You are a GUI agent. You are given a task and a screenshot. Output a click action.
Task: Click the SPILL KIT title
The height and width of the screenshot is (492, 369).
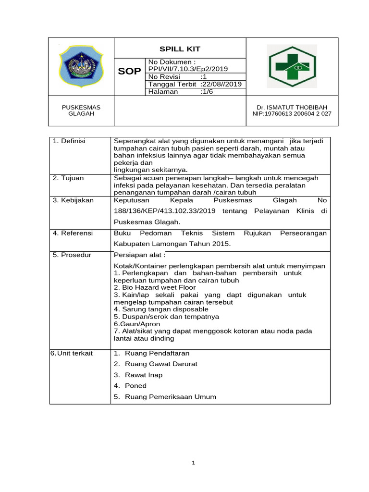click(180, 49)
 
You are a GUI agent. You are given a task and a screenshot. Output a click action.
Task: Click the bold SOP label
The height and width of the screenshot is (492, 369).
click(130, 72)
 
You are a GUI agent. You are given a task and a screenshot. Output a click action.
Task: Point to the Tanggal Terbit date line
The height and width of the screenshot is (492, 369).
click(195, 84)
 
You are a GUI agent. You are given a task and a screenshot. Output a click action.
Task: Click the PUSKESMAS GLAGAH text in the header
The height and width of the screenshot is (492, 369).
click(81, 111)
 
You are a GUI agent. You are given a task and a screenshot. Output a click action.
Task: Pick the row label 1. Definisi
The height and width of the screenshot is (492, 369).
click(69, 141)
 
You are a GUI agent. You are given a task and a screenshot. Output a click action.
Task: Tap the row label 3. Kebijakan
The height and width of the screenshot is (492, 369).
click(73, 200)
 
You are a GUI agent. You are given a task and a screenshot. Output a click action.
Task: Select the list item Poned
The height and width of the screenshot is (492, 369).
click(135, 385)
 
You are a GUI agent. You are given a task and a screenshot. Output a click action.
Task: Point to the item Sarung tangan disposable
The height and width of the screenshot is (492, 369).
click(161, 309)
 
